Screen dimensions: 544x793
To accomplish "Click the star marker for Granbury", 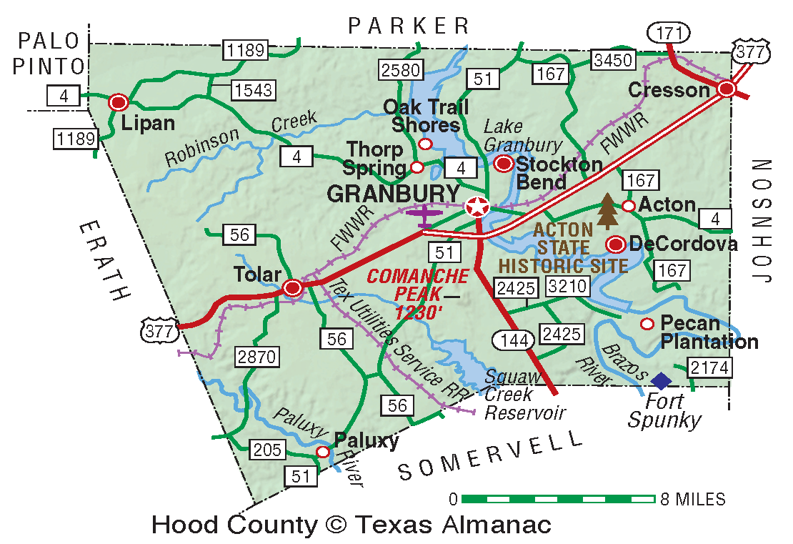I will click(x=477, y=207).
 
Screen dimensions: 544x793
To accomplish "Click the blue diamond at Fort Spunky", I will click(x=662, y=381).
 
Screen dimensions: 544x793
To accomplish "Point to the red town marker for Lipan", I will click(x=118, y=103).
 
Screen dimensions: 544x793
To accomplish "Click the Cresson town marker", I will click(x=727, y=89).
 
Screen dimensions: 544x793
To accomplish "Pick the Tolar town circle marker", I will click(x=292, y=288).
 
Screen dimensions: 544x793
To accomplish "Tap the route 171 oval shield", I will click(x=669, y=31).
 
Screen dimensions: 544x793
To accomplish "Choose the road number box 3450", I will click(x=613, y=60).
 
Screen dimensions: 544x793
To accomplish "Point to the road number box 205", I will click(x=267, y=450).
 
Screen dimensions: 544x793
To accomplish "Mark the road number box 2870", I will click(x=256, y=356).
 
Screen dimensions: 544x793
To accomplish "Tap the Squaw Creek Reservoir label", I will click(x=524, y=394).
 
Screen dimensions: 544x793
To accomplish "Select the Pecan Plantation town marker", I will click(x=647, y=324).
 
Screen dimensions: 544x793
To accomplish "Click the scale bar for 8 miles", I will click(x=558, y=498).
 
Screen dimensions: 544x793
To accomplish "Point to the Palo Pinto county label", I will click(x=51, y=54).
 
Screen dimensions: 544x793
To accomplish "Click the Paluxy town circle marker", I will click(x=323, y=452).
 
